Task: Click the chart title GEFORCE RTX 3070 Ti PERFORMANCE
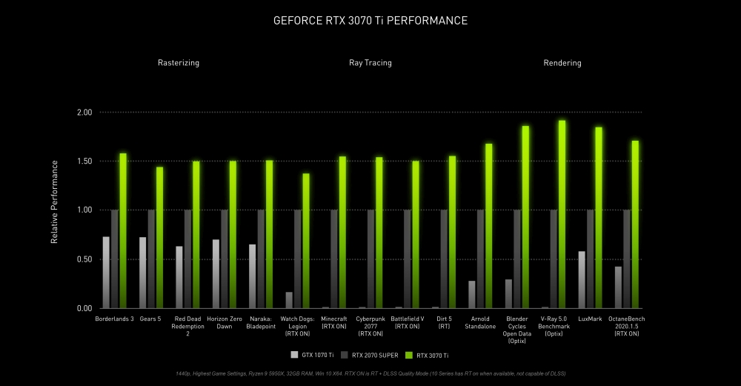point(370,21)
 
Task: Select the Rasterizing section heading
point(178,63)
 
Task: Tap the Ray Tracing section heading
point(370,63)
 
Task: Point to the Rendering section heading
point(562,63)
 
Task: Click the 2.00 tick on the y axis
point(84,113)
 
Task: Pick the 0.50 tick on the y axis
point(84,259)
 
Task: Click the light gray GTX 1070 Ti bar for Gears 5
point(142,273)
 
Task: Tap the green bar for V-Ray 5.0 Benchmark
point(562,214)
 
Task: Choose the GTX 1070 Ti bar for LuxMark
point(582,279)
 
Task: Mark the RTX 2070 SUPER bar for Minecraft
point(334,259)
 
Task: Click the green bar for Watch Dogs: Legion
point(306,241)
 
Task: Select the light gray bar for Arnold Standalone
point(472,294)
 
